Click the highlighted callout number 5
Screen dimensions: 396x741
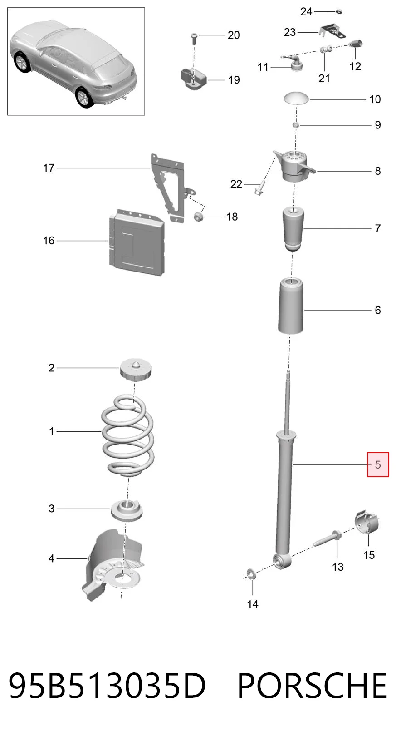click(x=378, y=465)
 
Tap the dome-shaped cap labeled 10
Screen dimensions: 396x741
click(x=297, y=98)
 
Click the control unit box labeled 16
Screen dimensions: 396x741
click(x=136, y=242)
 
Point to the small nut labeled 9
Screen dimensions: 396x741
click(x=296, y=125)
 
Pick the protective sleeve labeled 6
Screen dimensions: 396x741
click(x=291, y=306)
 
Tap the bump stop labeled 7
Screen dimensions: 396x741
click(x=293, y=229)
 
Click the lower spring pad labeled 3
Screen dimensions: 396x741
click(x=127, y=511)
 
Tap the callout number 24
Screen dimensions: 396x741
click(x=306, y=12)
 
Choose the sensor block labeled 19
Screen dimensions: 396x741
click(x=193, y=79)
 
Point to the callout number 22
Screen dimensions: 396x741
click(x=236, y=184)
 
